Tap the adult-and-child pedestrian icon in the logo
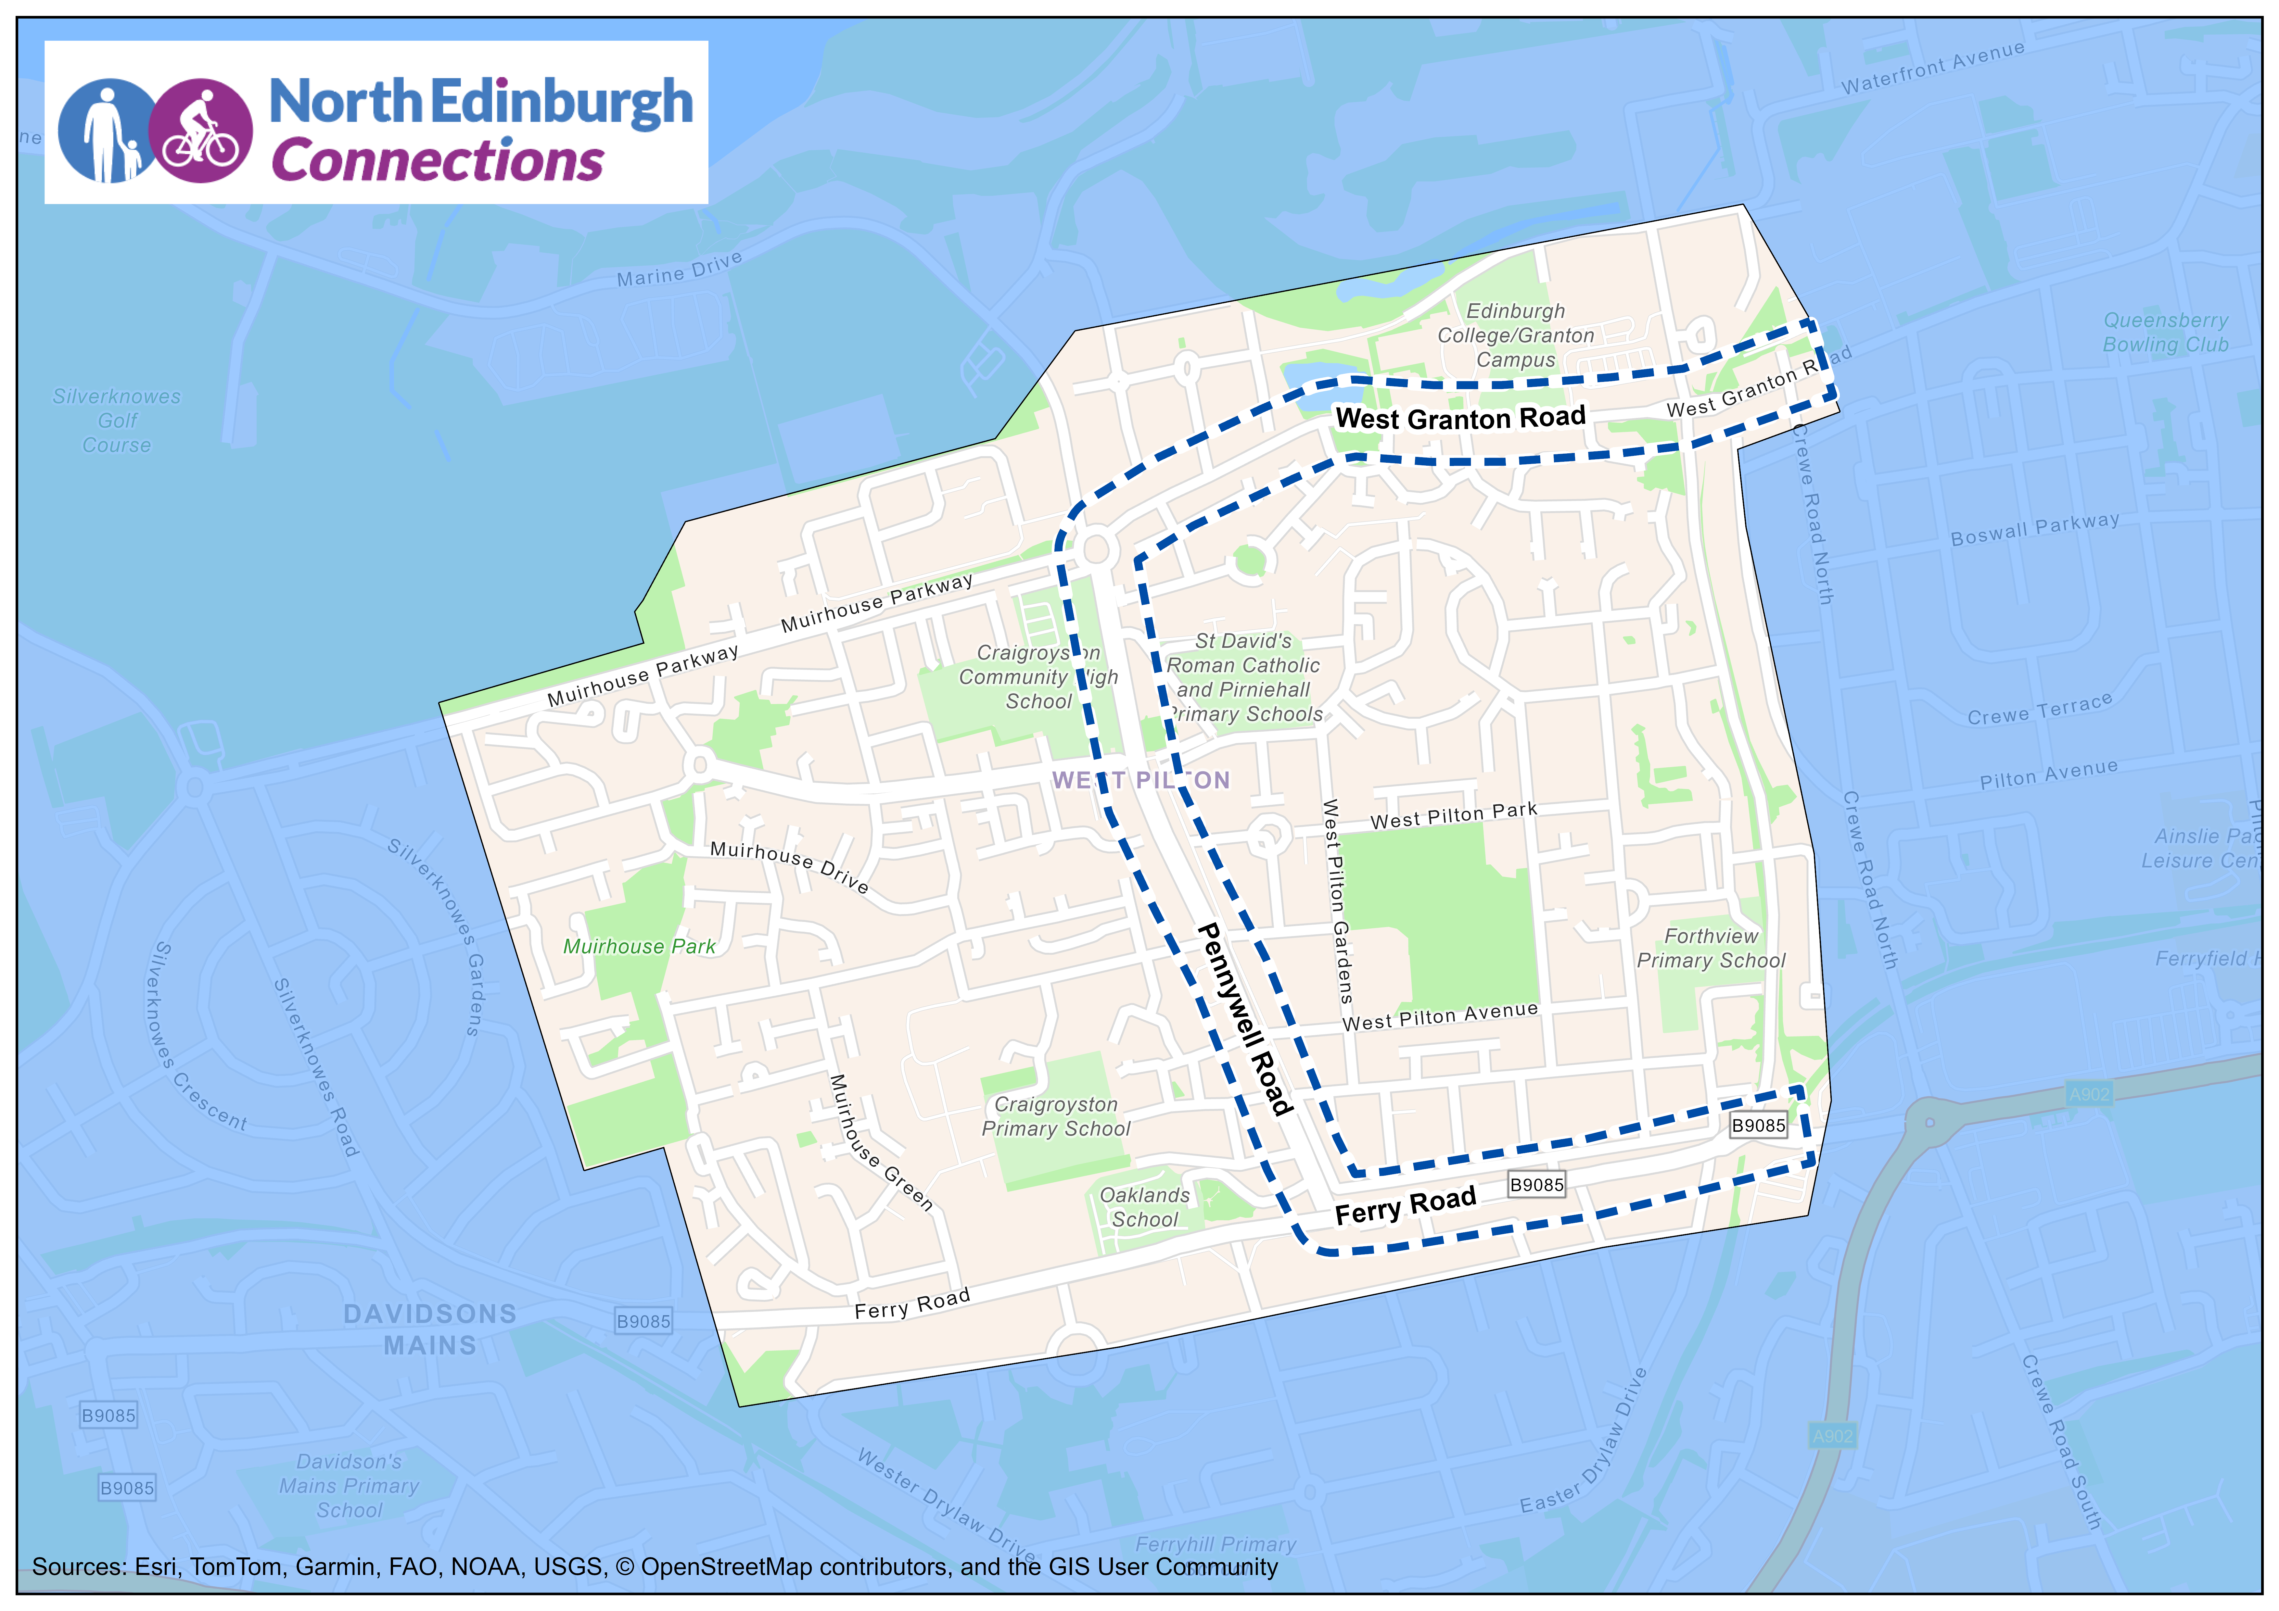(x=107, y=131)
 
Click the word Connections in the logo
(x=437, y=161)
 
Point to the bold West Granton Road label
(x=1460, y=418)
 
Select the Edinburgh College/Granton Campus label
(x=1516, y=335)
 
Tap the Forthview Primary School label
(x=1710, y=948)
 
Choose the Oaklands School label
(x=1144, y=1207)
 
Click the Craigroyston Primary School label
(x=1056, y=1117)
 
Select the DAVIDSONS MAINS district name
(x=430, y=1329)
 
